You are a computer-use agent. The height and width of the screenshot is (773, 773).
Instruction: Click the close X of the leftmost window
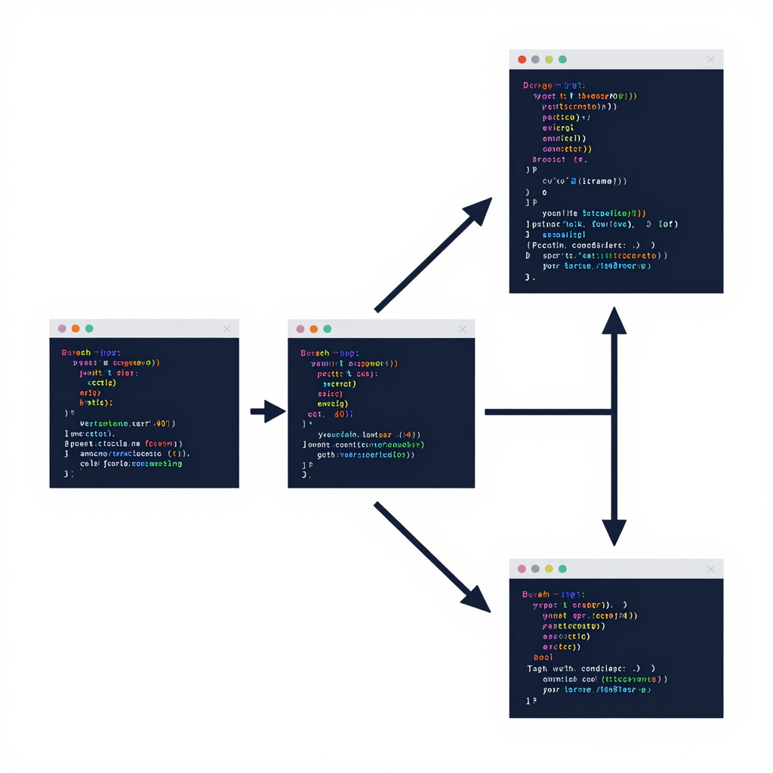(x=227, y=328)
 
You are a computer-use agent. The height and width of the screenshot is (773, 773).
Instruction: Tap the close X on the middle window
(x=463, y=329)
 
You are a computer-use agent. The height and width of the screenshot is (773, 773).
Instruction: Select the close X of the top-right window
(x=710, y=60)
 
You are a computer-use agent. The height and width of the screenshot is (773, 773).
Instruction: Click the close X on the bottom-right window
(x=710, y=568)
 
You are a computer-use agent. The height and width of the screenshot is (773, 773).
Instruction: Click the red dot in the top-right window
(x=522, y=60)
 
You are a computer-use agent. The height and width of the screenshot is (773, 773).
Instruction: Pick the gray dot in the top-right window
(x=535, y=60)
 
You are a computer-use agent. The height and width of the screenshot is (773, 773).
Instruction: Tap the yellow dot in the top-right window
(x=549, y=60)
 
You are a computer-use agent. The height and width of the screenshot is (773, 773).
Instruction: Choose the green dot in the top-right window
(x=562, y=60)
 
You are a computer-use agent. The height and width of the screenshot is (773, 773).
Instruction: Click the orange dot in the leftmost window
(x=75, y=328)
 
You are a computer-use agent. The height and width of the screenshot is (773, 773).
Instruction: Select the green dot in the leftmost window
(x=89, y=328)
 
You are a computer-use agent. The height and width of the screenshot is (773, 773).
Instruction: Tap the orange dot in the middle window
(x=313, y=329)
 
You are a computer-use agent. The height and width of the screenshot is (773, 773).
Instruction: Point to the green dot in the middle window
(x=327, y=329)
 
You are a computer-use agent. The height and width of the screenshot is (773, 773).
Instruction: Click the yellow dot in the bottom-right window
(x=549, y=568)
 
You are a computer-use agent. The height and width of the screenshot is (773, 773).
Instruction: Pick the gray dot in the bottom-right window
(x=535, y=568)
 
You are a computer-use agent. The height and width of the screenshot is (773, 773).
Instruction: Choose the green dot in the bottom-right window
(x=562, y=568)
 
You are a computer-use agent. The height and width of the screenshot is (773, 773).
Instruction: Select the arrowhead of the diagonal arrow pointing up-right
(x=479, y=211)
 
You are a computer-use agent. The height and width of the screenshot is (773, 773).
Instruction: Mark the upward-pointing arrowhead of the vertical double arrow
(x=614, y=321)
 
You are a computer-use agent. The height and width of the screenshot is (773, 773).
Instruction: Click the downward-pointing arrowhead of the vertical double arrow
(x=614, y=531)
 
